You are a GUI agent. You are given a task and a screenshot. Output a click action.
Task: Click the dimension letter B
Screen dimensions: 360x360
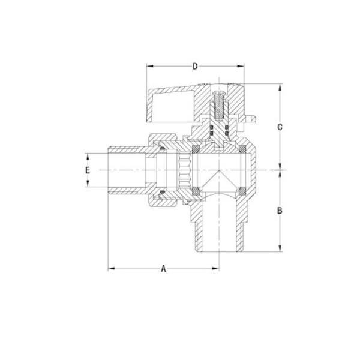(280, 211)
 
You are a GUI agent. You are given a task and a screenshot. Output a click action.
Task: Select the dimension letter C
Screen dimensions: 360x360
(280, 127)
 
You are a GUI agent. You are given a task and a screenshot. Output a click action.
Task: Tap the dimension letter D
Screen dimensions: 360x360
(195, 65)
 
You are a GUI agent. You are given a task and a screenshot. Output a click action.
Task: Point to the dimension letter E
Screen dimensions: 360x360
(88, 170)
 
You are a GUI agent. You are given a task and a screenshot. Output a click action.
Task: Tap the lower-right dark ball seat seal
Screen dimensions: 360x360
(242, 192)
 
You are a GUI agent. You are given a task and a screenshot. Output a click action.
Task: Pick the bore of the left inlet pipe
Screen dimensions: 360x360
(129, 170)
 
